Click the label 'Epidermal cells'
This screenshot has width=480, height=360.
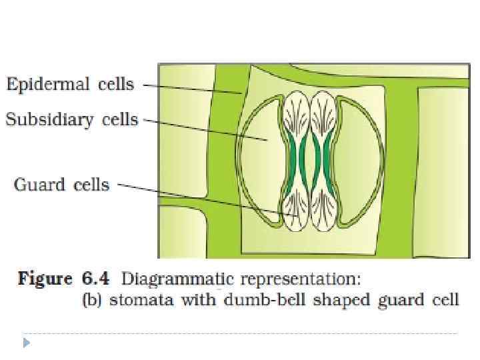(70, 85)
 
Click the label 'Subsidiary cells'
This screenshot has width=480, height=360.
(72, 120)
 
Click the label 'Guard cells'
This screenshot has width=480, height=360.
(61, 184)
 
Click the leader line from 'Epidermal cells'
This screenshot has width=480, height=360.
(193, 89)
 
